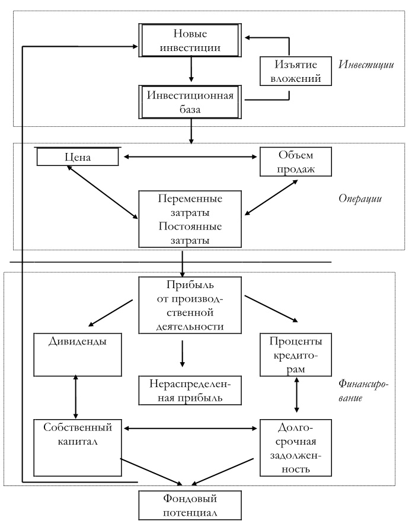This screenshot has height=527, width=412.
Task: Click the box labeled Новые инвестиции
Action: coord(190,40)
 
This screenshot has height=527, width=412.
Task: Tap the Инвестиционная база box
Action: coord(190,101)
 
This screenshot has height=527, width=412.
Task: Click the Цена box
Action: coord(77,157)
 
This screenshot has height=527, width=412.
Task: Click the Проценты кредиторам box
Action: coord(296,354)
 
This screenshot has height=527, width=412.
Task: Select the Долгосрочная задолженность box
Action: coord(296,448)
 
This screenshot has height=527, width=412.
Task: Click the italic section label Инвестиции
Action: coord(366,64)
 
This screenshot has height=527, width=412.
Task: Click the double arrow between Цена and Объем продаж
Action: coord(190,157)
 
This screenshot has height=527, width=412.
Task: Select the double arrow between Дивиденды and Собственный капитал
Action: coord(76,397)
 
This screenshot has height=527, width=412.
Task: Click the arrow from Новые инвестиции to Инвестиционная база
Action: coord(190,71)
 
